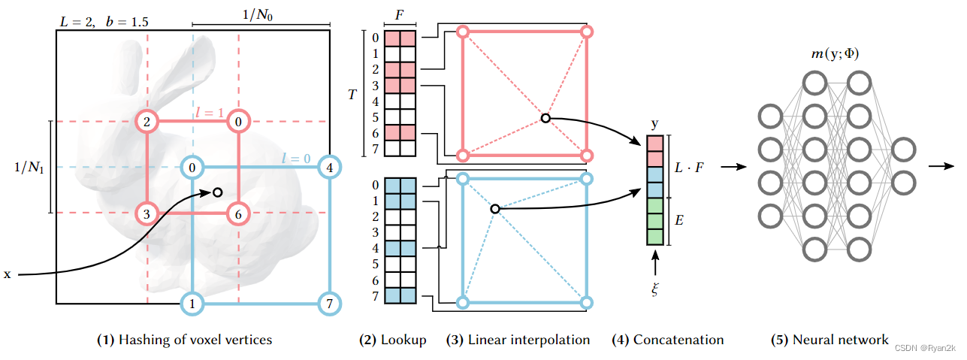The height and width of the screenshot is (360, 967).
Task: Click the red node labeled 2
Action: click(147, 122)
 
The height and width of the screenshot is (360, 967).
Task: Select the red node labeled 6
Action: click(238, 213)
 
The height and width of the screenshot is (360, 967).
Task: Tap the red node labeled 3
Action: click(147, 213)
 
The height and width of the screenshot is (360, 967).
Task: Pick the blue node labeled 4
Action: click(328, 167)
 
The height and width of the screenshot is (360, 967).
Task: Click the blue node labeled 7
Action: click(328, 304)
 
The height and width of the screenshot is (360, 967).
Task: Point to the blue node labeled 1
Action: click(193, 304)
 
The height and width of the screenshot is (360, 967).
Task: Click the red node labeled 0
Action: click(238, 122)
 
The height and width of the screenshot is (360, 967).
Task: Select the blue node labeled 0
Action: click(193, 167)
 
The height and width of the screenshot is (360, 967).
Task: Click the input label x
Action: click(8, 275)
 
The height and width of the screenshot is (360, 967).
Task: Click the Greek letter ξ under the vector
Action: click(654, 288)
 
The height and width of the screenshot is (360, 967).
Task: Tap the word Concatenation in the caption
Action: click(678, 340)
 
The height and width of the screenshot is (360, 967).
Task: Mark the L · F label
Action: click(690, 166)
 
